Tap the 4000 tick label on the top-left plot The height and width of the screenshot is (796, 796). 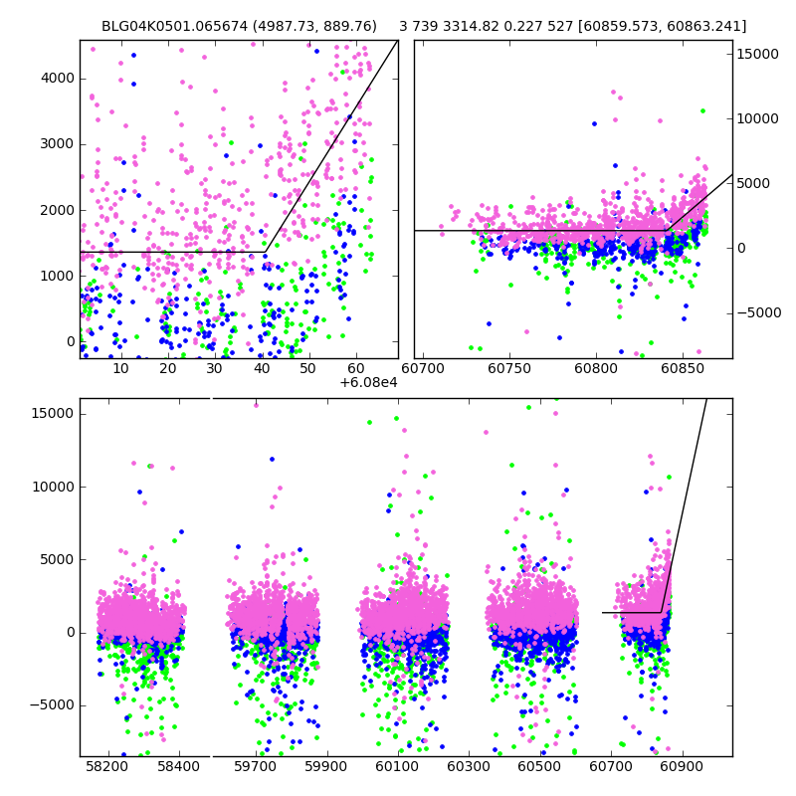(x=56, y=78)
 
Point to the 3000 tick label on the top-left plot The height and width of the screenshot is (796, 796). (x=56, y=143)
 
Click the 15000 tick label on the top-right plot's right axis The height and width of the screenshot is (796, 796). (x=758, y=54)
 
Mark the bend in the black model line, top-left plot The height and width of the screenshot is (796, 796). (x=265, y=252)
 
